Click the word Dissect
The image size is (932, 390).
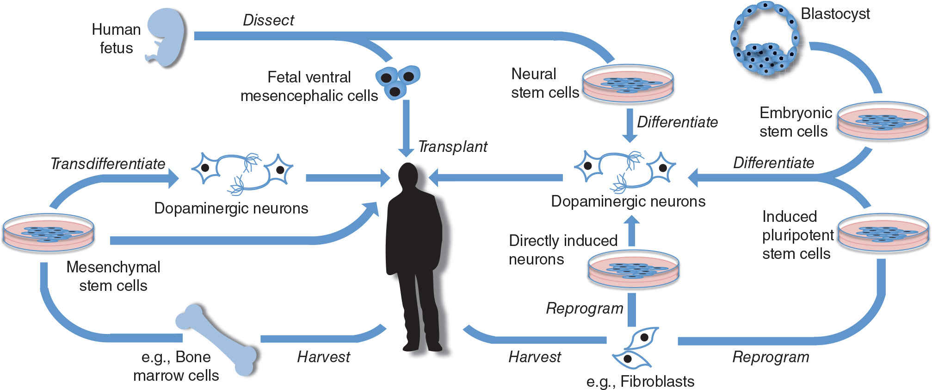coord(268,20)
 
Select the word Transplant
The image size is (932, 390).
coord(452,147)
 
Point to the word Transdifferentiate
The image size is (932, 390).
coord(108,164)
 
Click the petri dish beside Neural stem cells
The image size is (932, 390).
coord(628,83)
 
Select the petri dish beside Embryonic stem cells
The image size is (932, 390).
coord(883,120)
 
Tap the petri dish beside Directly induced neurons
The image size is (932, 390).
coord(633,269)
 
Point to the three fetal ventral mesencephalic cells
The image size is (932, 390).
coord(397,81)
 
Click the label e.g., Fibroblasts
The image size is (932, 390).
coord(640,382)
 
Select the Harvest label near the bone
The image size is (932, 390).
coord(323,357)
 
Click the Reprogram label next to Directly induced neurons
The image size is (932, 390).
coord(584,308)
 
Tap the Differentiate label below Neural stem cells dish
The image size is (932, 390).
coord(677,122)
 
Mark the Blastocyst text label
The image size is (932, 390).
coord(835,14)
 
